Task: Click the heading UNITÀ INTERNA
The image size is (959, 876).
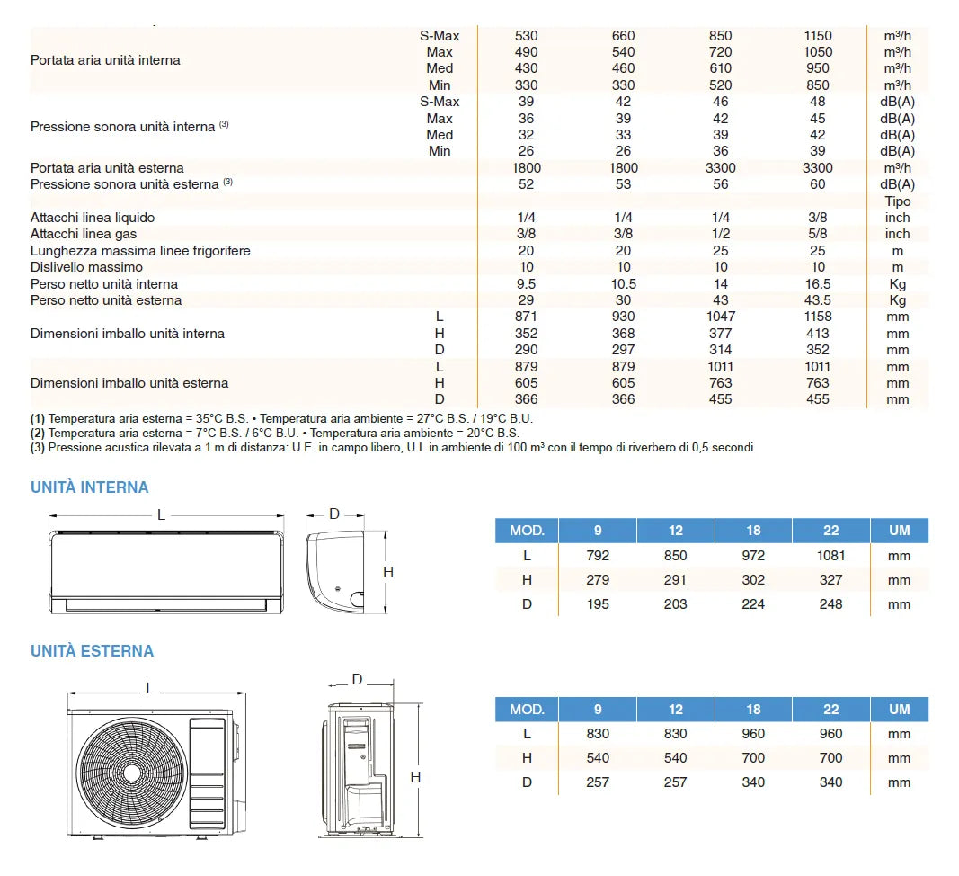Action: click(90, 487)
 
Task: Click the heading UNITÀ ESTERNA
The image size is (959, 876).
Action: click(93, 651)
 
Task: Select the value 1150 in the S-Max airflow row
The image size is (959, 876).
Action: click(818, 36)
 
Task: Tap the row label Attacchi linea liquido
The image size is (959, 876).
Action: click(93, 218)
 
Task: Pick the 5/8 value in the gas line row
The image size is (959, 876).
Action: click(818, 234)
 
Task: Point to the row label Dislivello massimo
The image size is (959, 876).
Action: click(86, 267)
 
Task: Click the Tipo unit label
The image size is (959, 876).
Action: click(897, 201)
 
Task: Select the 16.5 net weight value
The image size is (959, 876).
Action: click(818, 284)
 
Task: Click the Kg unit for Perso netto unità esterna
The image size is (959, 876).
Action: click(897, 300)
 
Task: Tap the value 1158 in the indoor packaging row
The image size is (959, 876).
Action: click(818, 317)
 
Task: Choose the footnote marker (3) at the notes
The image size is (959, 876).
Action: click(38, 447)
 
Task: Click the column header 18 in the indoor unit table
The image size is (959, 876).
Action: click(753, 531)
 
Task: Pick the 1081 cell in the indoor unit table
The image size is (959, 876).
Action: click(831, 556)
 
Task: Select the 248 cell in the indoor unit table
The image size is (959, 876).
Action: click(831, 604)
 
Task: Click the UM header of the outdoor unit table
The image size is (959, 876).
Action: click(899, 710)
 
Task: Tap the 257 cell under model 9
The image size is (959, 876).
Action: click(598, 782)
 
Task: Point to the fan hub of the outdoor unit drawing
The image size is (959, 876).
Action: click(132, 773)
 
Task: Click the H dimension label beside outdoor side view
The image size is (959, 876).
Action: click(415, 777)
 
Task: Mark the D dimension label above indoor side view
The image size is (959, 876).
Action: click(334, 514)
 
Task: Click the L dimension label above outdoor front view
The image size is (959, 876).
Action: click(150, 689)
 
